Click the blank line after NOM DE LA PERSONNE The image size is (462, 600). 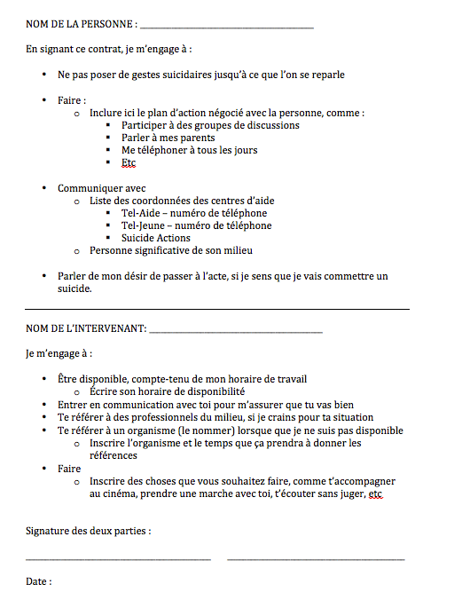point(227,27)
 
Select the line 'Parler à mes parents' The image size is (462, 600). point(168,138)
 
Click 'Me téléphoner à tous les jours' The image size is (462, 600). point(190,150)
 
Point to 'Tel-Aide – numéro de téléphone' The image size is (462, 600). point(194,213)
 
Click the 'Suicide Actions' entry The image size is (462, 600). point(156,238)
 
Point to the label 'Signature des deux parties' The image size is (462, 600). point(88,532)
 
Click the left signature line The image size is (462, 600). point(118,559)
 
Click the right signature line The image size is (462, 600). point(316,559)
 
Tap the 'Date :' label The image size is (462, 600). point(39,582)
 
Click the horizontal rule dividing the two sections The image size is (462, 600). point(217,308)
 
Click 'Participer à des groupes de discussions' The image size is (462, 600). point(210,125)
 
